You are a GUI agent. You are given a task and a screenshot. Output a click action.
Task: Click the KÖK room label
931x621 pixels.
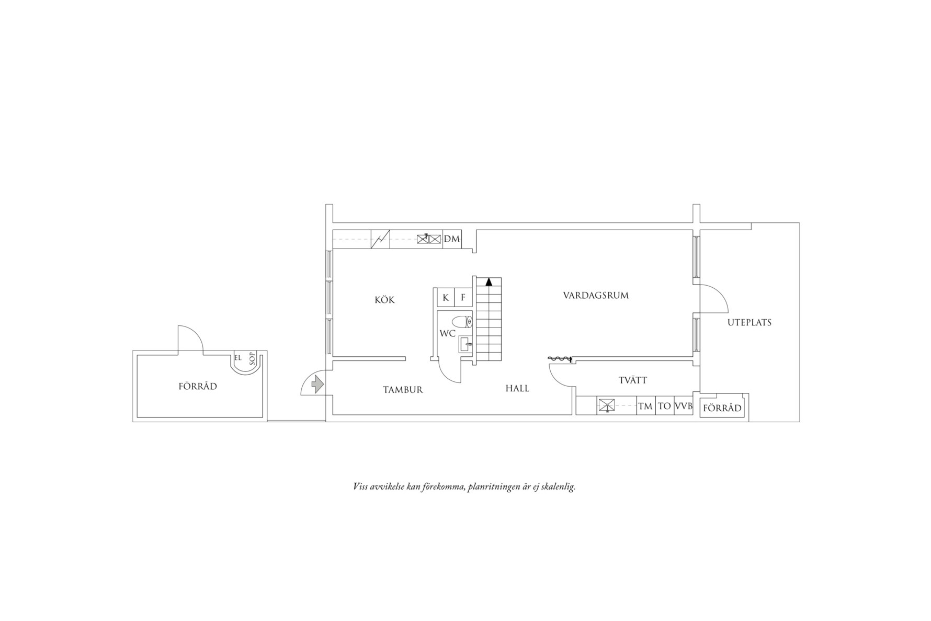[x=384, y=300]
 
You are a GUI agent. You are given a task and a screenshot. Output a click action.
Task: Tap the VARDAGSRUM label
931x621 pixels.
[x=596, y=295]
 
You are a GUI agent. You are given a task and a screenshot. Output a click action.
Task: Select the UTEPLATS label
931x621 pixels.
[x=750, y=322]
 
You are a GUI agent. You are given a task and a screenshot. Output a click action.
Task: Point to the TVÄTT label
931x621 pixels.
[x=633, y=380]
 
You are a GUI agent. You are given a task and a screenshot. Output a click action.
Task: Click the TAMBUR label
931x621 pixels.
[x=403, y=390]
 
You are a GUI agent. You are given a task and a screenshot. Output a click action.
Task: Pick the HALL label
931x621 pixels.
[x=517, y=388]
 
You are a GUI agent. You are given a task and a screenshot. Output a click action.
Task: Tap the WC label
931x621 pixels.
[x=448, y=333]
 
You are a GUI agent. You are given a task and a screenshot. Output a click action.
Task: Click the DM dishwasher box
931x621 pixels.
[x=452, y=239]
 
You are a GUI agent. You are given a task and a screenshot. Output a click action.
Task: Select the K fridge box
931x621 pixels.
[x=446, y=298]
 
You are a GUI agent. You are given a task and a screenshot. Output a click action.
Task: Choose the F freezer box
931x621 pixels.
[x=463, y=298]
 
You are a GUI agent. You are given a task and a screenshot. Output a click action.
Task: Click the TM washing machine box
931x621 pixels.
[x=646, y=406]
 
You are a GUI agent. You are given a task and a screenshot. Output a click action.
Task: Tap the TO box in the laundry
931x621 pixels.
[x=664, y=406]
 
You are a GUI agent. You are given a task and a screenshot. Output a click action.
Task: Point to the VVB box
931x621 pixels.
[x=684, y=406]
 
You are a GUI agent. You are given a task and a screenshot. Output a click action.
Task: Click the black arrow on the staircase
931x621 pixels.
[x=489, y=281]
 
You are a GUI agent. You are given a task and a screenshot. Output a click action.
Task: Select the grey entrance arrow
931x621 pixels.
[x=317, y=385]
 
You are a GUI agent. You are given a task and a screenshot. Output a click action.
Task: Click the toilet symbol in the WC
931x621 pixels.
[x=462, y=321]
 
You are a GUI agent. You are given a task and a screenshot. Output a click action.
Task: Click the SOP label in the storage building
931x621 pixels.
[x=252, y=358]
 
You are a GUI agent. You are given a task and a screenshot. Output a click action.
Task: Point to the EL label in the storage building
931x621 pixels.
[x=238, y=358]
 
